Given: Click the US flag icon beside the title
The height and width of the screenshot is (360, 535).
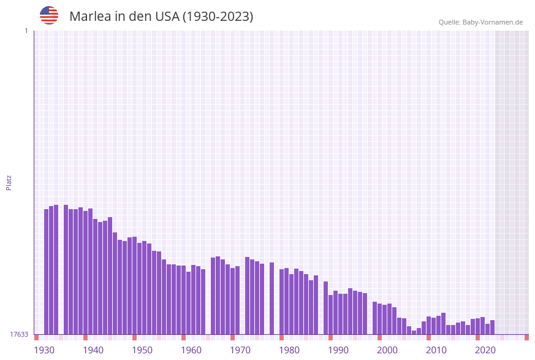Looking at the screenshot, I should (49, 15).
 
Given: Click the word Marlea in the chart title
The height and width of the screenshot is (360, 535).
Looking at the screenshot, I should (90, 17).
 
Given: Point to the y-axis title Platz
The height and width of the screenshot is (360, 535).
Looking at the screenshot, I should (9, 182).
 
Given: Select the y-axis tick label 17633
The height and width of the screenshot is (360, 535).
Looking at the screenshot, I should (19, 334).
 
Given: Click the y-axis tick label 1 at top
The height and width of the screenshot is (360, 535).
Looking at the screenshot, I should (26, 31).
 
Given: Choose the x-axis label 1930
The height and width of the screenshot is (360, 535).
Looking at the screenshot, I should (44, 350).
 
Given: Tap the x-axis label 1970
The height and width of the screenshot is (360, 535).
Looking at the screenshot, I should (240, 350).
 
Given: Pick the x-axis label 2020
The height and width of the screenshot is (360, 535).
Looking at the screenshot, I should (485, 350).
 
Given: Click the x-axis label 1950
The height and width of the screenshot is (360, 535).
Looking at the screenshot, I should (142, 350).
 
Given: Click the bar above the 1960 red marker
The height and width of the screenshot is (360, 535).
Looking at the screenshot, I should (184, 301).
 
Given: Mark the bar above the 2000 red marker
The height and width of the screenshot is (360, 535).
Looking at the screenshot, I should (380, 319).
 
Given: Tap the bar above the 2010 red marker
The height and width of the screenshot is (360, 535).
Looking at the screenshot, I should (429, 326).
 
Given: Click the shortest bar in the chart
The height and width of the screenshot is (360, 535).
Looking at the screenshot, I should (414, 332).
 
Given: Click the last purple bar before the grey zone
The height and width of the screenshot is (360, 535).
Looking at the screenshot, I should (493, 327).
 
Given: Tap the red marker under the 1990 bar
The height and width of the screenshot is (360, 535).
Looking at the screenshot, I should (331, 337).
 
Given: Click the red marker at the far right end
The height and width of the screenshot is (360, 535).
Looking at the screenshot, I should (526, 337).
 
